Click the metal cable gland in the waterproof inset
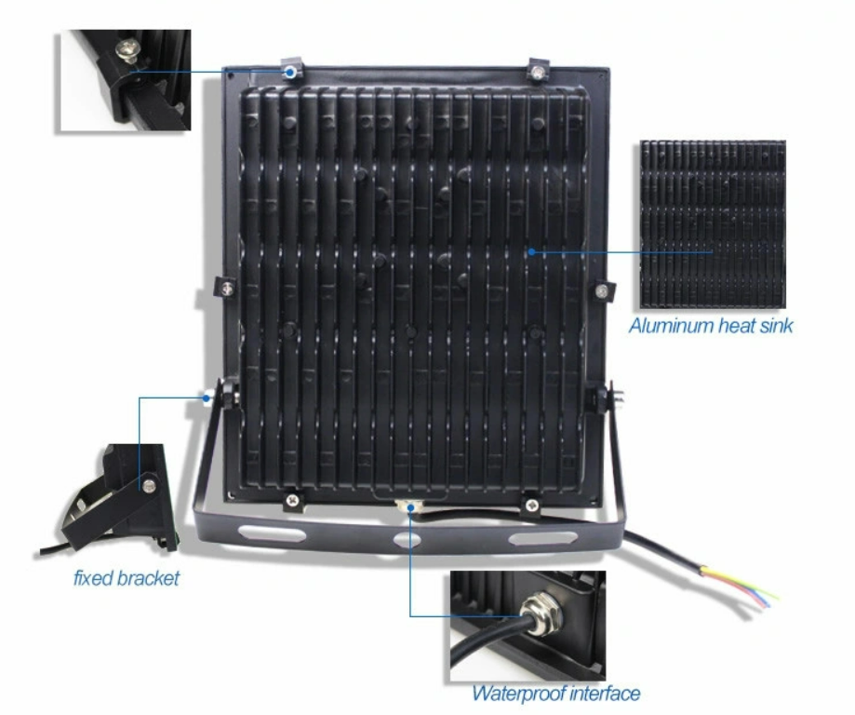[540, 615]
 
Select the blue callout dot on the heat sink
[531, 251]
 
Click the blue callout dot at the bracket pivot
[207, 398]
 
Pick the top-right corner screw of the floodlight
[538, 72]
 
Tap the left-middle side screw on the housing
[227, 289]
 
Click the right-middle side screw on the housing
[601, 290]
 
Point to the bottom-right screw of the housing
[531, 505]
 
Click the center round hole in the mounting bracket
[407, 540]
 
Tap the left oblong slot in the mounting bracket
[272, 533]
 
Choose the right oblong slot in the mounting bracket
[542, 539]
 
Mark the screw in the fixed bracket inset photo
[148, 485]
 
